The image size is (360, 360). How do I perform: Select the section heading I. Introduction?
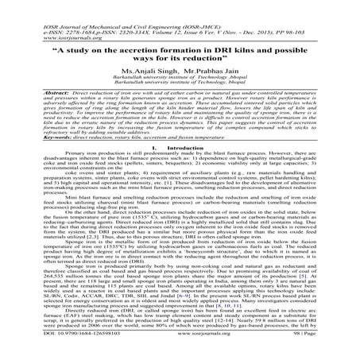coord(180,148)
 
